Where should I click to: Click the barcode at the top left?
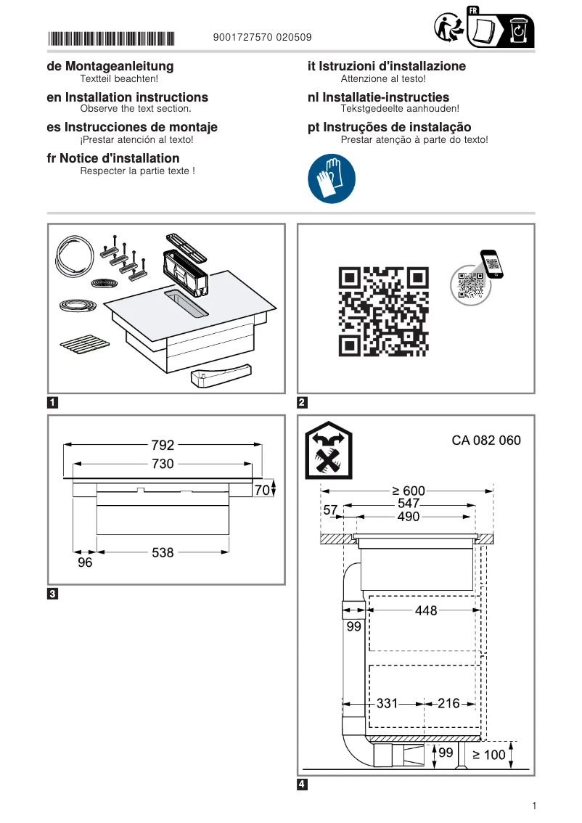pos(111,38)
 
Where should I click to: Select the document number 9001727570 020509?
pos(263,38)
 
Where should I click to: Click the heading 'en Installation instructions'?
pos(127,97)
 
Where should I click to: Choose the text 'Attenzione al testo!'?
pos(382,78)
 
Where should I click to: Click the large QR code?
pos(383,311)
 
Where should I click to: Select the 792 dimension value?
pos(163,446)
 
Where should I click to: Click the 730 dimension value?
pos(163,464)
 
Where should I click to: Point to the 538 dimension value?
pos(163,552)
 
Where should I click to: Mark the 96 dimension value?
pos(85,562)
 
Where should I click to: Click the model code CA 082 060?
pos(485,441)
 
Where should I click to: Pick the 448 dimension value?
pos(426,611)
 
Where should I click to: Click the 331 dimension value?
pos(388,703)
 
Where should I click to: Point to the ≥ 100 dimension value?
pos(489,755)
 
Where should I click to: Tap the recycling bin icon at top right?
pos(518,31)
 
